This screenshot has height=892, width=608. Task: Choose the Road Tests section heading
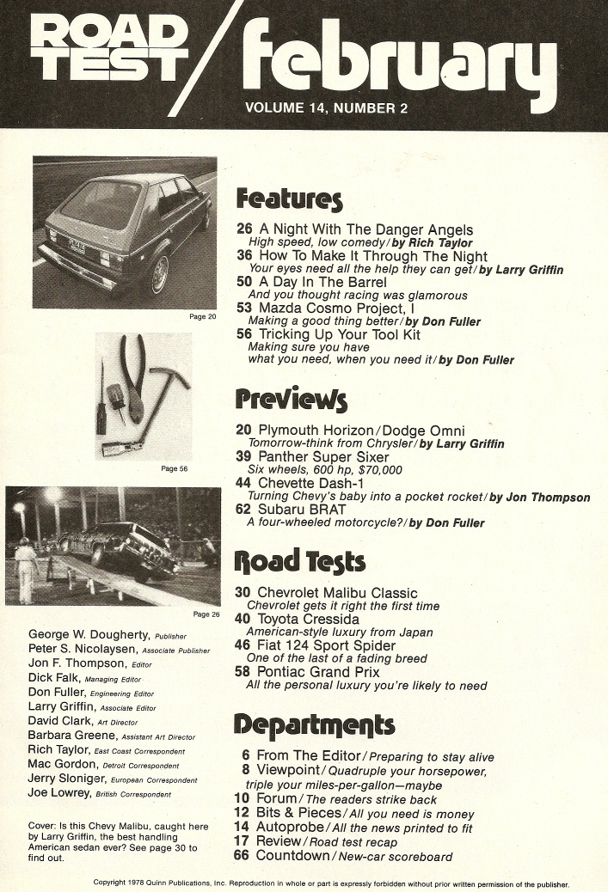(300, 562)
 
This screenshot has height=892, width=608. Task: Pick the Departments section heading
(315, 724)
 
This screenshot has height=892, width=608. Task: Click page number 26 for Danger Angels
(244, 230)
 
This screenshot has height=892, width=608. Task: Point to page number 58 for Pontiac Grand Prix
(243, 672)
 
